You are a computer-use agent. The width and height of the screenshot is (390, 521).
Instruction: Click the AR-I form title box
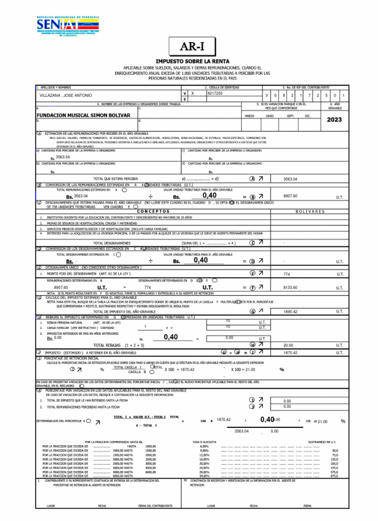coord(194,47)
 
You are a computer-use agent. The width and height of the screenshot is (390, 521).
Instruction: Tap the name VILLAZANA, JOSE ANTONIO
coord(66,95)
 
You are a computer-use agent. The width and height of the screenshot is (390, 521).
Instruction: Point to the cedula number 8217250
coord(215,94)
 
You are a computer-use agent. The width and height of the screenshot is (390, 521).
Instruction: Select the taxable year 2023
coord(334,120)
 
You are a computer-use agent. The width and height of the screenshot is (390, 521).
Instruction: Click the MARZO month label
coord(249,116)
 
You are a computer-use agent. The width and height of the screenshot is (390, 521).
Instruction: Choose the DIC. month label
coord(307,116)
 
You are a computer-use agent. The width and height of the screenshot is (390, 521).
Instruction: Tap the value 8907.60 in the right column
coord(290,196)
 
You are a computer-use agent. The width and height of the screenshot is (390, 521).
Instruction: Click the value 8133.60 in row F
coord(290,287)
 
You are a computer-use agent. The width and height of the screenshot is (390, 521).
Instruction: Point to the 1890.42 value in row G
coord(290,311)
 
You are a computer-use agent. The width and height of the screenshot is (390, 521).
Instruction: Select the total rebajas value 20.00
coord(288,345)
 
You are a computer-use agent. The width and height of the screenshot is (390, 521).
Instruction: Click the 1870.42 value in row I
coord(290,352)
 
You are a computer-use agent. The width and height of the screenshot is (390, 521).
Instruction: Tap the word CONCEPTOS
coord(153,211)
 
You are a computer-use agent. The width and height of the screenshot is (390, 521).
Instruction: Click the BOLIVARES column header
coord(310,211)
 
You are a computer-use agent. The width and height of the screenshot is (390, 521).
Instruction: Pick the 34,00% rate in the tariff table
coord(204,476)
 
